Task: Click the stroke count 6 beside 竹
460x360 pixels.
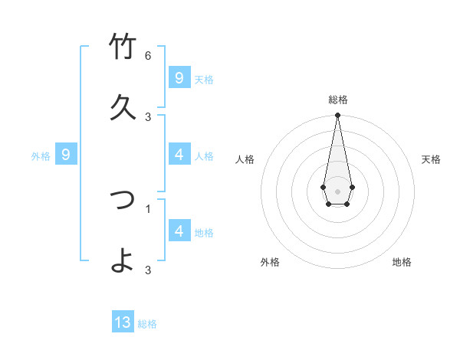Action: [x=148, y=56]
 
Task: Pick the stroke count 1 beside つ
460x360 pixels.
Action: [x=148, y=208]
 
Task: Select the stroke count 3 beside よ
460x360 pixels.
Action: [x=148, y=270]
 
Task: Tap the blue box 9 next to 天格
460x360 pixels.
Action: [x=179, y=78]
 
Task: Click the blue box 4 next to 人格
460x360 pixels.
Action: [x=179, y=155]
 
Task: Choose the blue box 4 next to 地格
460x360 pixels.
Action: [x=179, y=231]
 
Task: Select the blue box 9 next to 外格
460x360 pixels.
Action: [x=66, y=155]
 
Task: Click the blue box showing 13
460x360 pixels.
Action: [x=123, y=322]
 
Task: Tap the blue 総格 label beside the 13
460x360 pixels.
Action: [x=147, y=324]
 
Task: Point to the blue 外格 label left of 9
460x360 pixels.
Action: [x=41, y=156]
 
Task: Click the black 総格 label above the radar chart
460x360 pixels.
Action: [x=338, y=100]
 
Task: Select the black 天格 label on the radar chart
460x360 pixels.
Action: [x=432, y=159]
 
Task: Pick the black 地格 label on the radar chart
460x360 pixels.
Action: [x=402, y=262]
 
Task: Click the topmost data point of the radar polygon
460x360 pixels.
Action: [x=337, y=116]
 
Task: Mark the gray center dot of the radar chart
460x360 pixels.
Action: [x=337, y=191]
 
